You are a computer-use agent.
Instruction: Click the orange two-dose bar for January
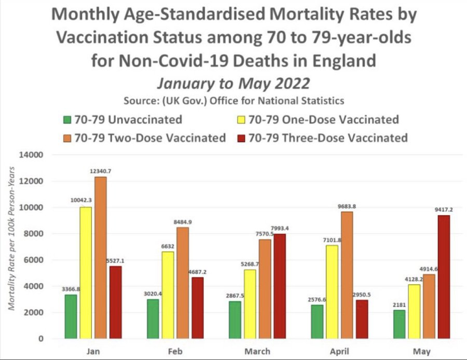point(100,258)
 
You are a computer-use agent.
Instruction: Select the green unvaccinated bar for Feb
point(153,319)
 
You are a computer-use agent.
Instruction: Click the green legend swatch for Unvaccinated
point(66,120)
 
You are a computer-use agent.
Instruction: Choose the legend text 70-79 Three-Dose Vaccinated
point(328,138)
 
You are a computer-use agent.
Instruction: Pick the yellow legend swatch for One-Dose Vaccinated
point(240,120)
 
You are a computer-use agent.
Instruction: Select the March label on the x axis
point(258,351)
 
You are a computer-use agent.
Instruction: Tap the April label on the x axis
point(340,351)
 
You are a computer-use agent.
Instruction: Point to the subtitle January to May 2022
point(233,83)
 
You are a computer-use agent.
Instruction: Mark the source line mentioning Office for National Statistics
point(233,100)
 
